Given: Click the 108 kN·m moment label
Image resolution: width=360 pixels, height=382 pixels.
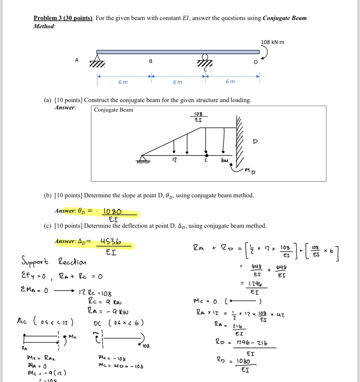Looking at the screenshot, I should pyautogui.click(x=272, y=42).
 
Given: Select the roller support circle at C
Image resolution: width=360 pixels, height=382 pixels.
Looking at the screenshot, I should pyautogui.click(x=205, y=57).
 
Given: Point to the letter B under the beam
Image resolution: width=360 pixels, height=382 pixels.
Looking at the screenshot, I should pyautogui.click(x=151, y=61).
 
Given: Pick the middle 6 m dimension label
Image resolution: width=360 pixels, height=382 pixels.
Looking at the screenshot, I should pyautogui.click(x=177, y=82).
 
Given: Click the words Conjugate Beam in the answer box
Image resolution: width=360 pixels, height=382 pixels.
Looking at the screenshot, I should pyautogui.click(x=114, y=110).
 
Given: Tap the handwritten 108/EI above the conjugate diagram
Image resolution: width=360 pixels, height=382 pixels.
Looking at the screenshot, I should pyautogui.click(x=199, y=117).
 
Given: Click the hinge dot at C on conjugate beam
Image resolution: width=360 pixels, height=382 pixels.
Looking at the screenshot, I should pyautogui.click(x=206, y=156).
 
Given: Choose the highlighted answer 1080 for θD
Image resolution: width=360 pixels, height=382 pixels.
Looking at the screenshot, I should pyautogui.click(x=112, y=211).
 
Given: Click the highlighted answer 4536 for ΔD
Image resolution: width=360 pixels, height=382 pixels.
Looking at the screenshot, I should pyautogui.click(x=111, y=242).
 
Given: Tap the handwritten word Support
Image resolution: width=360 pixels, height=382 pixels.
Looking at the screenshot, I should pyautogui.click(x=35, y=261).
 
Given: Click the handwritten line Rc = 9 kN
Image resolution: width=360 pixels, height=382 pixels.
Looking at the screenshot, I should pyautogui.click(x=104, y=302).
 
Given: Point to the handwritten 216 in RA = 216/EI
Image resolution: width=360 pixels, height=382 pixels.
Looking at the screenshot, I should pyautogui.click(x=237, y=326).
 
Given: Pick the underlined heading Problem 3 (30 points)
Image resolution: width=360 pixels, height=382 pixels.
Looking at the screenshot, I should pyautogui.click(x=63, y=18).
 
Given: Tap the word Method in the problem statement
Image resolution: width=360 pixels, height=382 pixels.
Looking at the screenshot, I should pyautogui.click(x=44, y=26).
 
